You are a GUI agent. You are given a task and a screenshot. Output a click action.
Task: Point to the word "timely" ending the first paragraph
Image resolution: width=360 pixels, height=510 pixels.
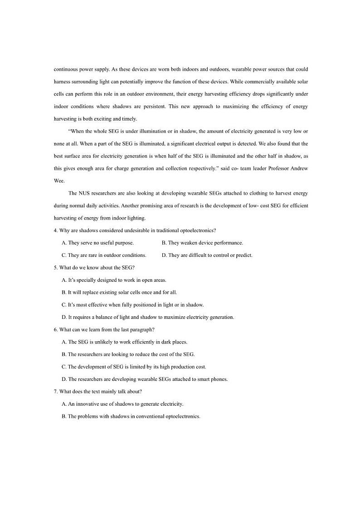tap(127, 119)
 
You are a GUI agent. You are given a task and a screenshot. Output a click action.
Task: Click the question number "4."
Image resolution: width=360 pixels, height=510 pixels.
tap(56, 230)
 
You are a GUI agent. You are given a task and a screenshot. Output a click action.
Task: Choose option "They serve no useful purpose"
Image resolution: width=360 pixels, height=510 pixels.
tap(97, 243)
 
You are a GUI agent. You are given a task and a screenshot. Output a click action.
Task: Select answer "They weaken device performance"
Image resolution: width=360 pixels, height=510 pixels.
tap(202, 243)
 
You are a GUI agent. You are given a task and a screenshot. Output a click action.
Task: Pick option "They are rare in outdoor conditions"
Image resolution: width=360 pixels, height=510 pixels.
tap(104, 255)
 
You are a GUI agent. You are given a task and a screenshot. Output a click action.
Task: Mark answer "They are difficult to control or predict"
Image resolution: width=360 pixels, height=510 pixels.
tap(207, 255)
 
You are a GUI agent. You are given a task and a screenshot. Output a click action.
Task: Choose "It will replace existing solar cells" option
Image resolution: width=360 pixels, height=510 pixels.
tap(119, 292)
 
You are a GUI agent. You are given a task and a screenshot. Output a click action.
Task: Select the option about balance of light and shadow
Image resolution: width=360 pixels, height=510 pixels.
tap(148, 317)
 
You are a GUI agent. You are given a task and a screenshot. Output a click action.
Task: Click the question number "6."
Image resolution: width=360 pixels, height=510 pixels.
tap(56, 329)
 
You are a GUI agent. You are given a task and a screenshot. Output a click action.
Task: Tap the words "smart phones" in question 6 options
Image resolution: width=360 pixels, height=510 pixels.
tap(213, 379)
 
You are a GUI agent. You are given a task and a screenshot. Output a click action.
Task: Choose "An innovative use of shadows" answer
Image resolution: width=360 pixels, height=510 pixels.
tap(122, 404)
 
